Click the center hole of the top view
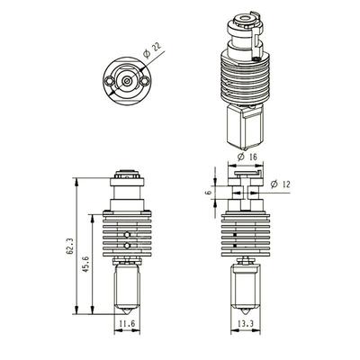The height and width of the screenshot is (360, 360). tap(125, 79)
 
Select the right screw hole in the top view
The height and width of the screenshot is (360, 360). tap(141, 79)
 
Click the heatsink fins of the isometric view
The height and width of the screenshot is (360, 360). tap(246, 76)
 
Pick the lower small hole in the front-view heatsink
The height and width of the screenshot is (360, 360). tap(128, 244)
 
